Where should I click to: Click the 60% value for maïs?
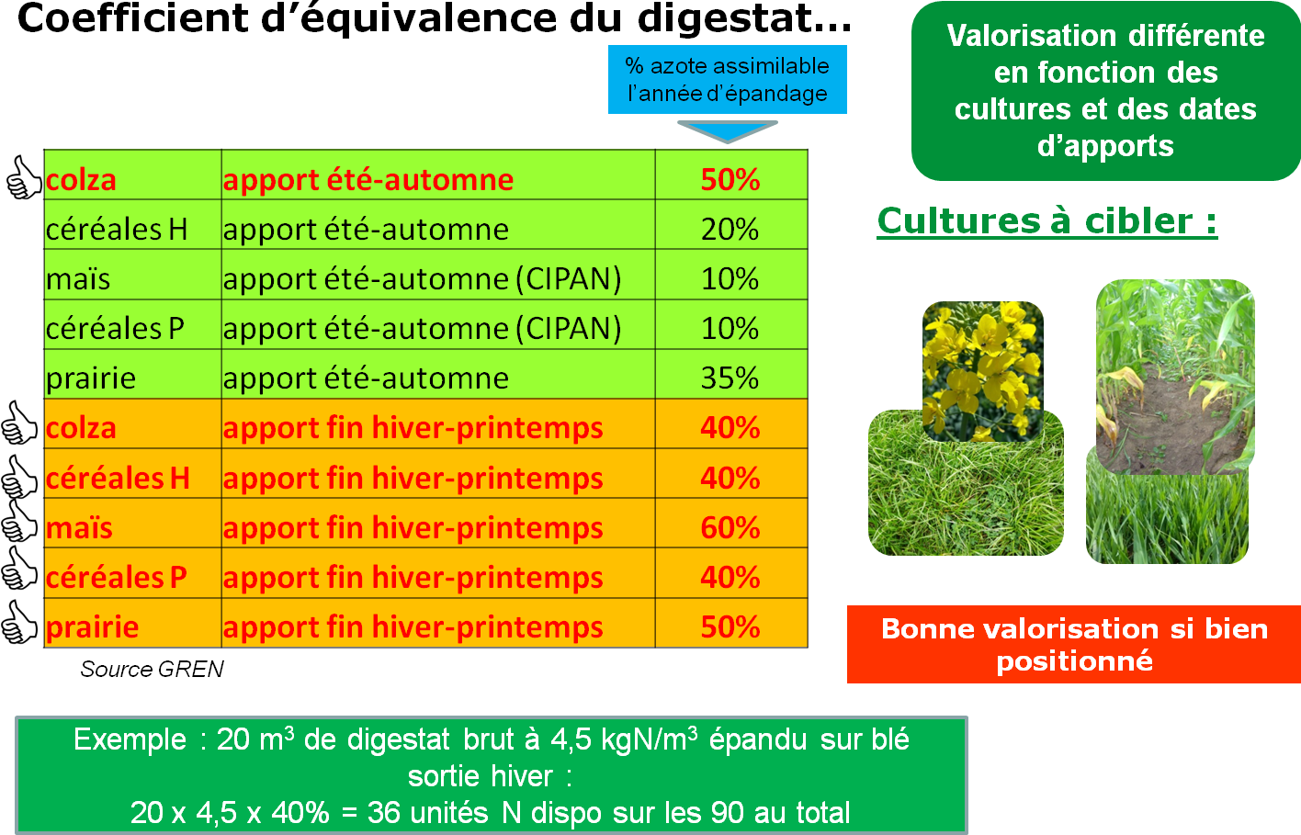tap(730, 528)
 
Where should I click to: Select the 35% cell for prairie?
tap(730, 378)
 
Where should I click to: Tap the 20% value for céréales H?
tap(730, 230)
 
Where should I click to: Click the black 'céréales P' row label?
tap(115, 329)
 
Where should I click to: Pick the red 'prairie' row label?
tap(93, 627)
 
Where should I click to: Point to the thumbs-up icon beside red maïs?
tap(19, 521)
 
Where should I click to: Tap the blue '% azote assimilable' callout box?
tap(727, 80)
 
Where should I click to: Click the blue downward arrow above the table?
tap(727, 131)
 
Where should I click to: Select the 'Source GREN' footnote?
tap(152, 670)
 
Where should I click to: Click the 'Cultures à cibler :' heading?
tap(1047, 221)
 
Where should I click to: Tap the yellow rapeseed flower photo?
tap(983, 371)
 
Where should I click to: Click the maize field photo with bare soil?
tap(1175, 377)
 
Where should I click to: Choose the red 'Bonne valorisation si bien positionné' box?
tap(1074, 645)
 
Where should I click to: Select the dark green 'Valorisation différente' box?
tap(1106, 91)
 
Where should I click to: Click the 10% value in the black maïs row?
tap(730, 278)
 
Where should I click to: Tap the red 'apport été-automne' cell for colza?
tap(368, 180)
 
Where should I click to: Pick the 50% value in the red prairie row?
tap(730, 627)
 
